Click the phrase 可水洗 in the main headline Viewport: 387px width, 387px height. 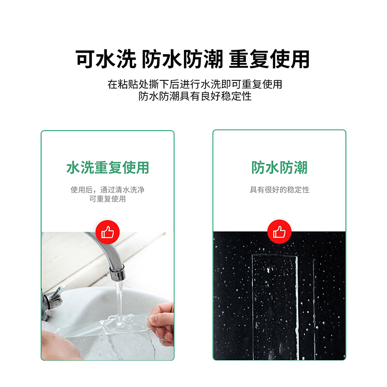pos(106,59)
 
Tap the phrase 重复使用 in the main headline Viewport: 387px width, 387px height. pos(269,59)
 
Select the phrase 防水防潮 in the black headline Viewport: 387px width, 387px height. pos(182,59)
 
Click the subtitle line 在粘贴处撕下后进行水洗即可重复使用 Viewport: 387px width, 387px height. pos(195,84)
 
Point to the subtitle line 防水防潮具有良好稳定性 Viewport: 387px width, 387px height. pos(195,96)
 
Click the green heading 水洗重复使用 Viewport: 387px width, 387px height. pos(107,167)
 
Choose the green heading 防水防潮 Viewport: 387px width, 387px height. pos(280,167)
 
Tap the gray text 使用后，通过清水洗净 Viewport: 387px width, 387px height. pos(107,190)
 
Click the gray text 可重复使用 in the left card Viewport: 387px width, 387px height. pos(107,199)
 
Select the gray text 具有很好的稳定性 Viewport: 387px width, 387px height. pos(280,190)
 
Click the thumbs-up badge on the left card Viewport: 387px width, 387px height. pos(107,232)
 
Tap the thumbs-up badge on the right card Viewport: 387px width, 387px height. pos(280,232)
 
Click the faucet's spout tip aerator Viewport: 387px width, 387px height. pos(117,273)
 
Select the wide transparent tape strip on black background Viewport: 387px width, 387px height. pos(275,307)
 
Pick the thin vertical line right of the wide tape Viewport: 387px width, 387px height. pos(314,309)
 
